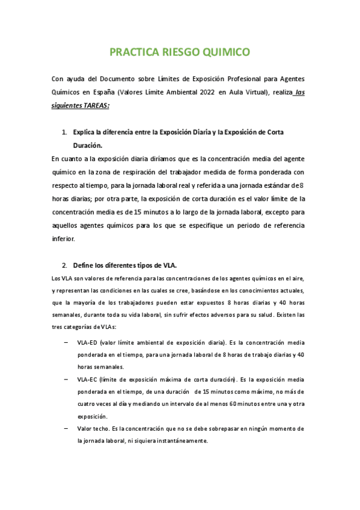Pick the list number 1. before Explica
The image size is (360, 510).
65,132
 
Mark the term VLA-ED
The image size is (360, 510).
87,343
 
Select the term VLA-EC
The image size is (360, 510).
87,380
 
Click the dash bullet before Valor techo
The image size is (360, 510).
65,429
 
